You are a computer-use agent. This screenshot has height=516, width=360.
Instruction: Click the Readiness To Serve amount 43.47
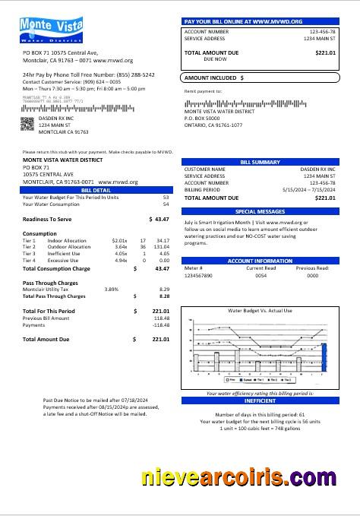(160, 219)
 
